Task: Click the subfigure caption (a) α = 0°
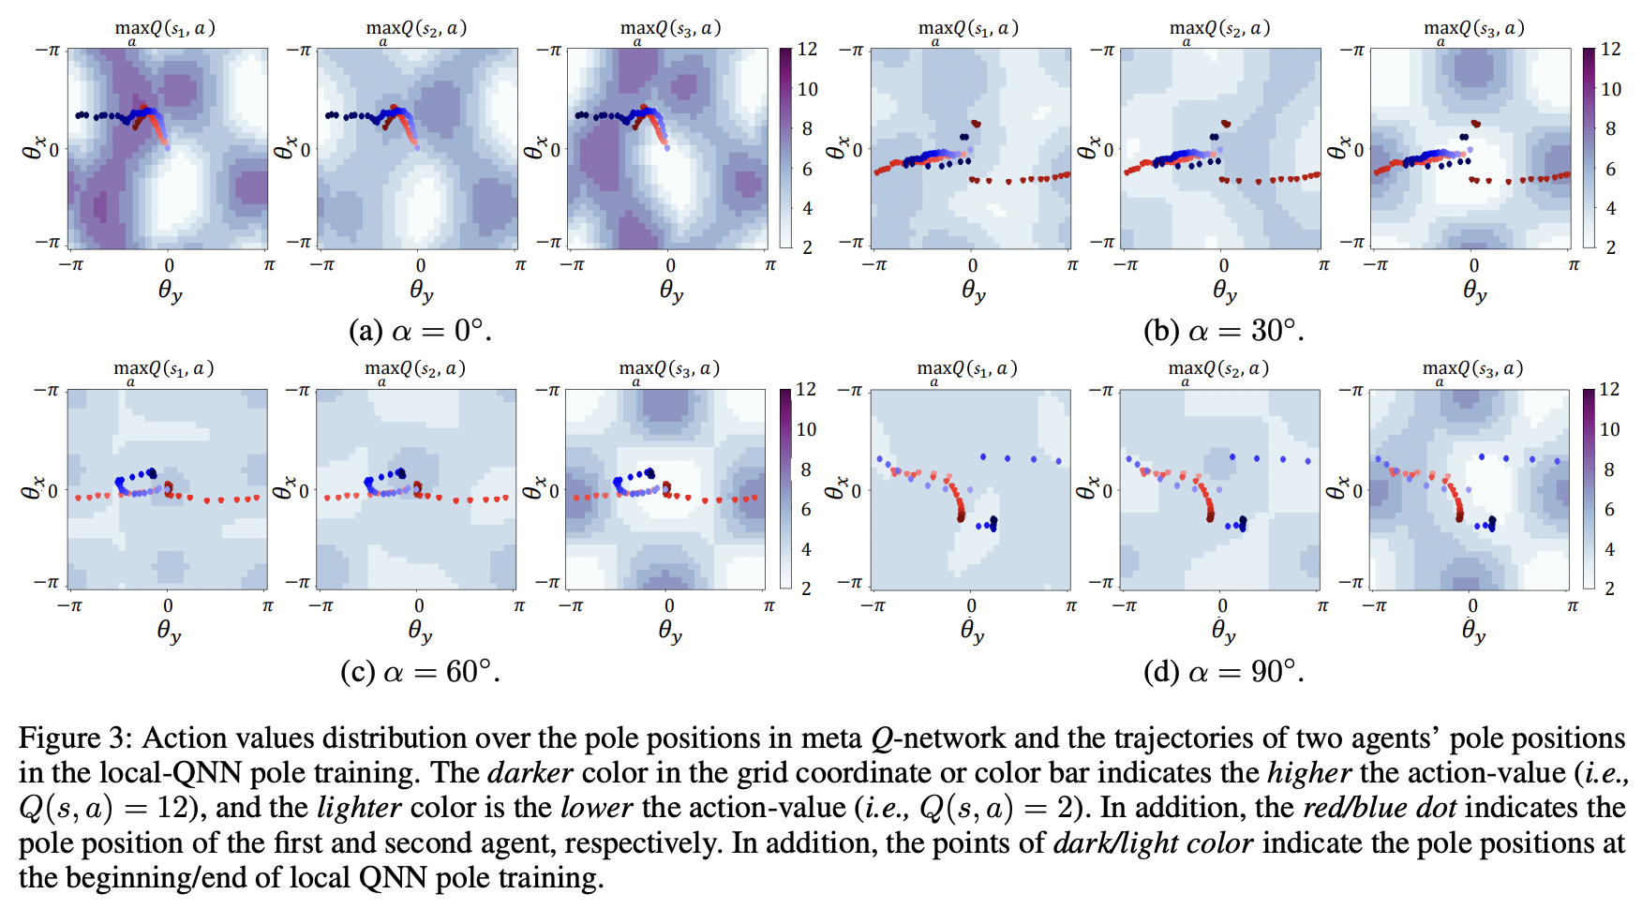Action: (x=419, y=331)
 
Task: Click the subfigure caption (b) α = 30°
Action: (x=1223, y=331)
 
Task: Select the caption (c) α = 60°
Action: (x=419, y=672)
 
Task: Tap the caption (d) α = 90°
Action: (x=1223, y=672)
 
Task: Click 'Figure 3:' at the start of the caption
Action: (x=76, y=738)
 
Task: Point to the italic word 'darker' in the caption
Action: (x=530, y=773)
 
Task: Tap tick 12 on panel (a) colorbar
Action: (x=807, y=49)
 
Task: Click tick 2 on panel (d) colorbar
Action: (x=1609, y=589)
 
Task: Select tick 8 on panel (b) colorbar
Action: (x=1610, y=128)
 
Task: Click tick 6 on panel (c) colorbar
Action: (x=806, y=509)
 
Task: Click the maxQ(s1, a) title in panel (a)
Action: (x=165, y=29)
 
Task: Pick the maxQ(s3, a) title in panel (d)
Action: (x=1472, y=369)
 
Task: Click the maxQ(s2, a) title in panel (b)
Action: (x=1219, y=29)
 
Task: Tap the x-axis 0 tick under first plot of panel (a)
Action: (x=169, y=265)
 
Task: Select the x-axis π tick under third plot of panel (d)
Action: (x=1573, y=606)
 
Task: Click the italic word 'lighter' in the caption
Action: (x=359, y=808)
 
